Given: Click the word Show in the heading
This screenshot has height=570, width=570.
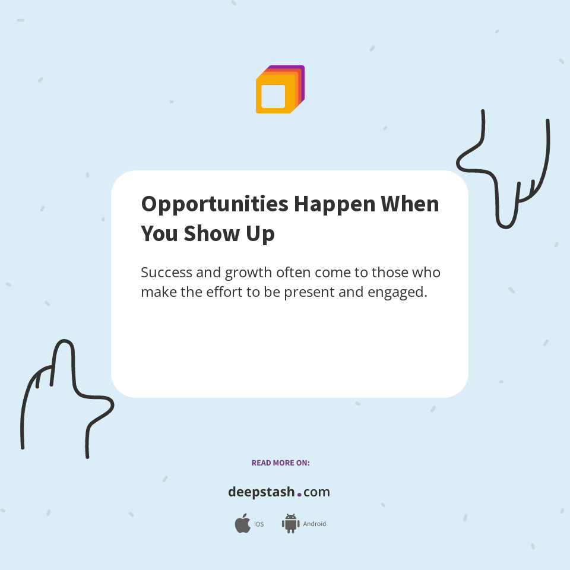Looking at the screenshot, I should click(207, 233).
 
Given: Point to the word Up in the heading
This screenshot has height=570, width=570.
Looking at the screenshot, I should click(259, 234).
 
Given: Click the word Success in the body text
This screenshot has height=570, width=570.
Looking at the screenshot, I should click(166, 273).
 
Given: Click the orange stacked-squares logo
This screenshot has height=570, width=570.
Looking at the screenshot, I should click(279, 90).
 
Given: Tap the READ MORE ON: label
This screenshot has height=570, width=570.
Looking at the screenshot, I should click(280, 463).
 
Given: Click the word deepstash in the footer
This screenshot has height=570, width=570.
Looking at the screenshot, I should click(261, 492).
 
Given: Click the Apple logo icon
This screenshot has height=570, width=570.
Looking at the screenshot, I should click(242, 524).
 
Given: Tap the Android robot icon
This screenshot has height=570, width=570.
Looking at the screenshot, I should click(290, 524).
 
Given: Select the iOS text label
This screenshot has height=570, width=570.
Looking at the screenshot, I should click(259, 524).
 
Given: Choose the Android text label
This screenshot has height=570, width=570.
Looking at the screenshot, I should click(314, 524).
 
